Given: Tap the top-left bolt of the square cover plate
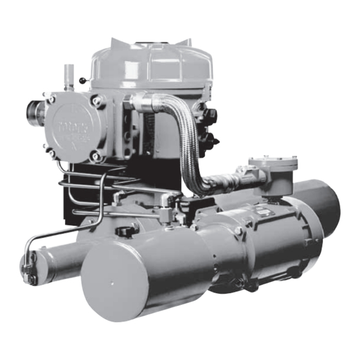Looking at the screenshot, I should [x=50, y=99].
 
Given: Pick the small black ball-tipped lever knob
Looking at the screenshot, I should [x=82, y=80].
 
